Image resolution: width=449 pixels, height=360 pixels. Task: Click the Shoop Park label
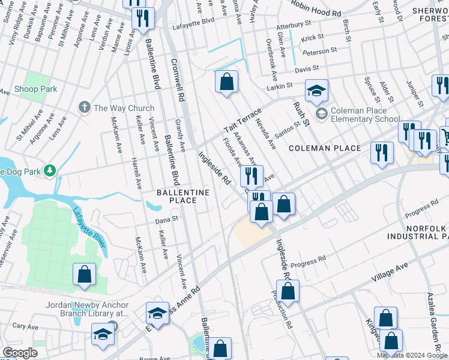pyautogui.click(x=36, y=89)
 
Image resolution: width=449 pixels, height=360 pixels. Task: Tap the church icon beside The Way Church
pyautogui.click(x=84, y=108)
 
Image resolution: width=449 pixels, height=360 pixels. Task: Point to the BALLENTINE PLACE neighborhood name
pyautogui.click(x=183, y=196)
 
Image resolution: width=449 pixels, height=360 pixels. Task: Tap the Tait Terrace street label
pyautogui.click(x=243, y=121)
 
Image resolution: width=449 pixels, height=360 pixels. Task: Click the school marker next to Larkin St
pyautogui.click(x=316, y=91)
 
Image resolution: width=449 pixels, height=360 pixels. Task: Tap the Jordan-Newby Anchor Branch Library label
pyautogui.click(x=87, y=308)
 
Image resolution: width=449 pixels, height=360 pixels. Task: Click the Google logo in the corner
pyautogui.click(x=20, y=353)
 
